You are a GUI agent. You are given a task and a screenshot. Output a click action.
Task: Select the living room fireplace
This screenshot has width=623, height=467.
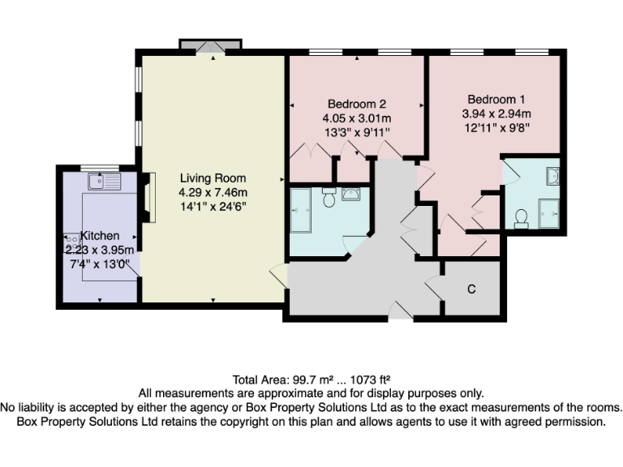pyautogui.click(x=147, y=199)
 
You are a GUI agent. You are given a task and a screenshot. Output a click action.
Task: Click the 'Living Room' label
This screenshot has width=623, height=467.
pyautogui.click(x=213, y=178)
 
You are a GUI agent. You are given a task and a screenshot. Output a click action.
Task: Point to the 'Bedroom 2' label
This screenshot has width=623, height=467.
pyautogui.click(x=356, y=104)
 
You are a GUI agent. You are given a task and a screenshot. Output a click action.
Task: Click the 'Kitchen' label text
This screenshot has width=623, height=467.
pyautogui.click(x=100, y=235)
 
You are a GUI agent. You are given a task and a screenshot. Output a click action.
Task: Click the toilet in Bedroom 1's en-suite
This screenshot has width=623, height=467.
pyautogui.click(x=522, y=216)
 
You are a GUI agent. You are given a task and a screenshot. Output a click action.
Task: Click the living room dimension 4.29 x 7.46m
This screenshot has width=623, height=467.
pyautogui.click(x=213, y=193)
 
